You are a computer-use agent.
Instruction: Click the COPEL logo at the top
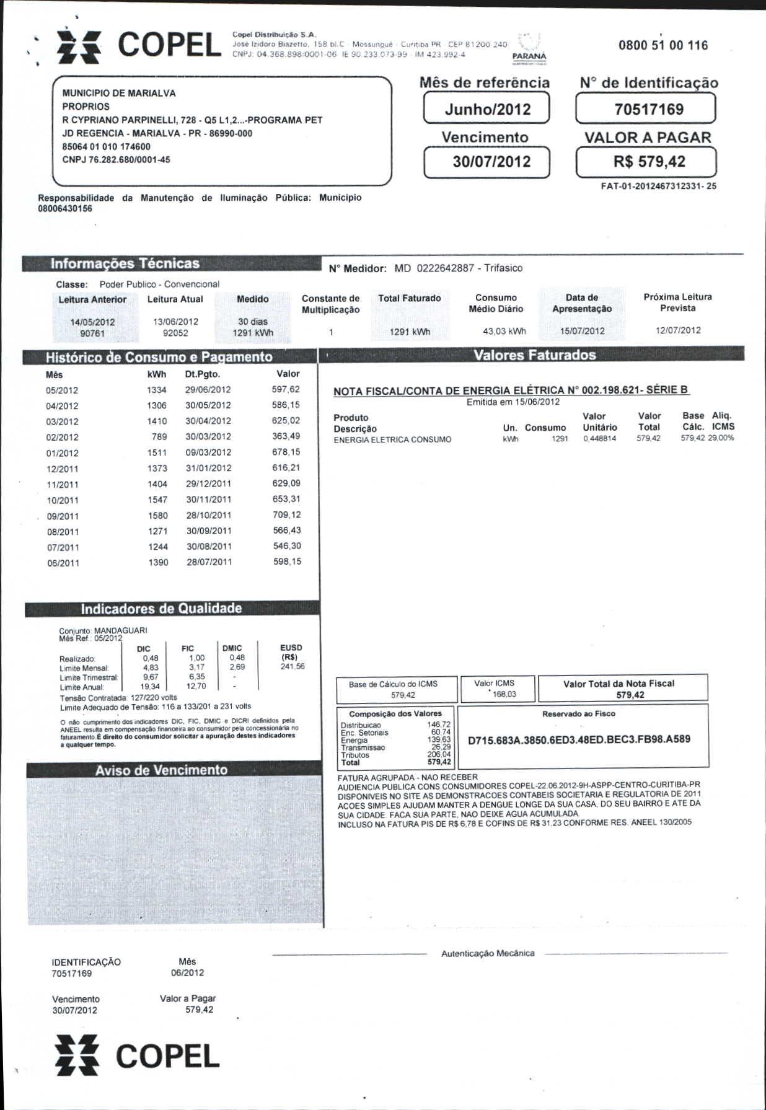point(139,46)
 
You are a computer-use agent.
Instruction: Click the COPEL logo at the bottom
point(138,1055)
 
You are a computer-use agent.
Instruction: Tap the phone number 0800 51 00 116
point(663,45)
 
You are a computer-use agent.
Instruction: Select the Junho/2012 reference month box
point(487,109)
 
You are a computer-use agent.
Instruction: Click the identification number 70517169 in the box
point(648,110)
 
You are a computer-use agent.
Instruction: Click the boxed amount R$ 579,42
point(649,162)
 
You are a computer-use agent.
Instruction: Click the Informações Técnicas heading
point(125,264)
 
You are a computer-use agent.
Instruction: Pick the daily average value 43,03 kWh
point(504,331)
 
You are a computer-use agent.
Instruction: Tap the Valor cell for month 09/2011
point(286,515)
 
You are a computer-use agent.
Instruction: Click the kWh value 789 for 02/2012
point(159,437)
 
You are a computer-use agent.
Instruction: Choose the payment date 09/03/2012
point(208,452)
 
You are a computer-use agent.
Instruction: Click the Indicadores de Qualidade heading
point(161,609)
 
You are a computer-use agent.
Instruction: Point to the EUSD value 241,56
point(292,667)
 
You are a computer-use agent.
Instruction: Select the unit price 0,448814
point(599,438)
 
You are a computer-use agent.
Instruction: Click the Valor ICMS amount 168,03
point(504,694)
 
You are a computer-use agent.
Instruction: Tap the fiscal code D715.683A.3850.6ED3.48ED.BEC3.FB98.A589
point(579,739)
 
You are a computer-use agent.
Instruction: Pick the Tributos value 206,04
point(439,755)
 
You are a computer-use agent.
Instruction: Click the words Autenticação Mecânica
point(488,953)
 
